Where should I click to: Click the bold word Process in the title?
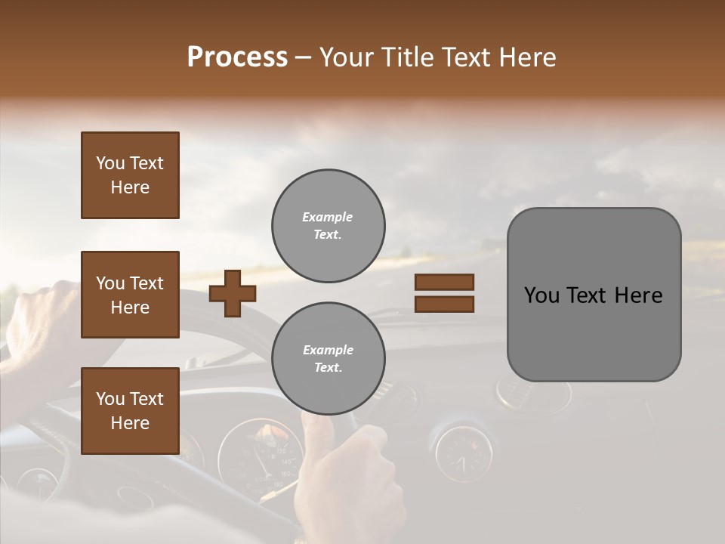pos(237,57)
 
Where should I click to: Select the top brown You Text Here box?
pos(130,175)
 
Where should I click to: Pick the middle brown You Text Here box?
pos(130,295)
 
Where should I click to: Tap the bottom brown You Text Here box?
pos(130,411)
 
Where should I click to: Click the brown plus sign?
pos(233,293)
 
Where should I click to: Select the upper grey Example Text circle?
pos(328,226)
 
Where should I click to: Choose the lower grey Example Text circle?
pos(328,359)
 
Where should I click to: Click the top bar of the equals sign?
pos(444,282)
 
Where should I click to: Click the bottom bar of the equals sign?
pos(444,304)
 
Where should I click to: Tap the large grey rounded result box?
pos(594,295)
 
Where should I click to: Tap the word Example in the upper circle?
pos(327,217)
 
